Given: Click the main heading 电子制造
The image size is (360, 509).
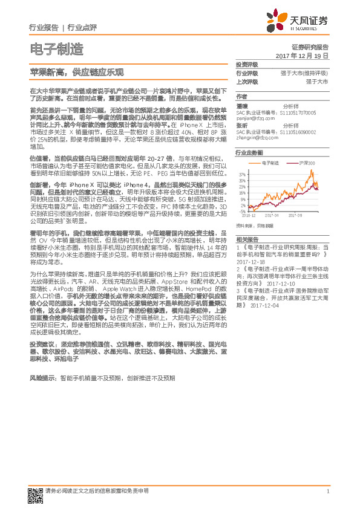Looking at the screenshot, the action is pyautogui.click(x=56, y=48).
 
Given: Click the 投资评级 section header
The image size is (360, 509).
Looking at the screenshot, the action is pyautogui.click(x=247, y=64).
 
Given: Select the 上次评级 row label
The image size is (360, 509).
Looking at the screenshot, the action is pyautogui.click(x=247, y=81).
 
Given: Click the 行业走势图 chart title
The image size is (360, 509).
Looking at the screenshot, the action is pyautogui.click(x=249, y=154).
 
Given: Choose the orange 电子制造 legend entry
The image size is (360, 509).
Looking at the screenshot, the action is pyautogui.click(x=269, y=163).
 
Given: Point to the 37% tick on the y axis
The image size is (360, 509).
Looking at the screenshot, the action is pyautogui.click(x=242, y=174).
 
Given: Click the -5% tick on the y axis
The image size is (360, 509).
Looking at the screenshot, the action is pyautogui.click(x=243, y=212).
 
